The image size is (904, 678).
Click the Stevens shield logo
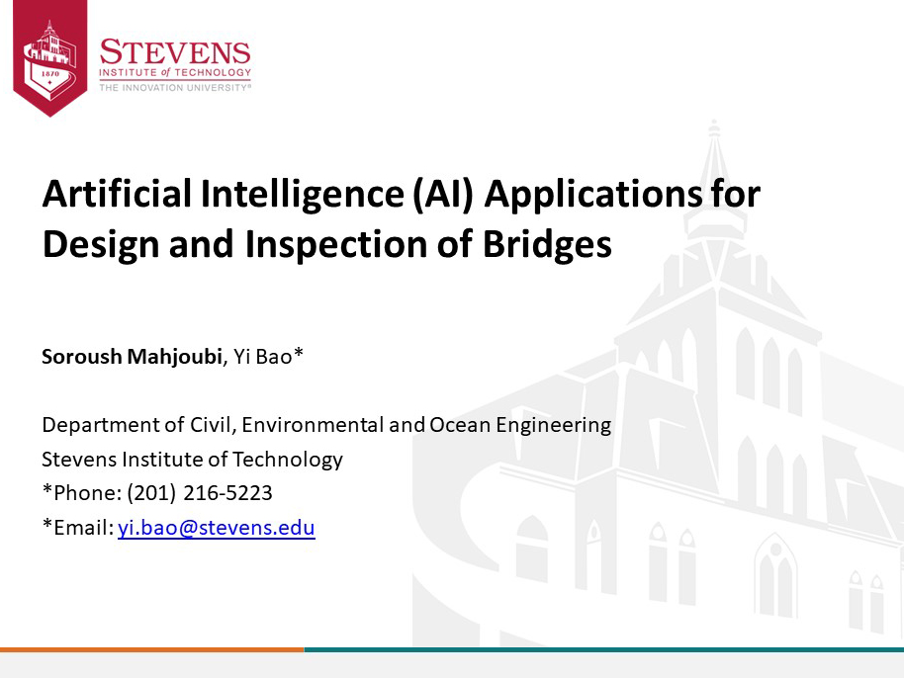click(x=50, y=57)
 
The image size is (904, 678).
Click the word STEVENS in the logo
click(x=175, y=52)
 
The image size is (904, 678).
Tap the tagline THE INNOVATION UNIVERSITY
click(x=175, y=88)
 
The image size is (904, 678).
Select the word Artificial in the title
click(x=117, y=194)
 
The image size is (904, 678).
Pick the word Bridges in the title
click(x=547, y=244)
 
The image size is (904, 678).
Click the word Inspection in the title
click(x=335, y=245)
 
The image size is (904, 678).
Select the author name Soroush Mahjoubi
click(x=132, y=357)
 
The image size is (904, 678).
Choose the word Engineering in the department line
click(x=554, y=426)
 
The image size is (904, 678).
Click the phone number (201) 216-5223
click(x=200, y=493)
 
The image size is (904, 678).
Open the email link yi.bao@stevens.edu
click(x=217, y=528)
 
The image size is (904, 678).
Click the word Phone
click(x=86, y=493)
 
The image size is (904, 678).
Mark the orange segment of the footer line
click(x=152, y=649)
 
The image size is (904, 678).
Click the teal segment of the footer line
click(x=604, y=649)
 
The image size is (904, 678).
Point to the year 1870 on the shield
click(x=50, y=74)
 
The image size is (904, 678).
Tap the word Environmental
click(x=313, y=425)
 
